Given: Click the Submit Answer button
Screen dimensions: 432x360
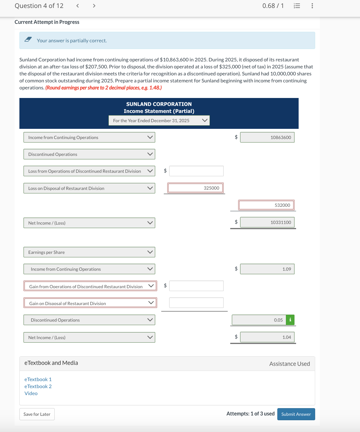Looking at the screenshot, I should coord(296,414).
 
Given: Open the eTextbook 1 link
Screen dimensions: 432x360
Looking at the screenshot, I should coord(38,379).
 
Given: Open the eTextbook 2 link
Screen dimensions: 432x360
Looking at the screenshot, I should coord(38,386).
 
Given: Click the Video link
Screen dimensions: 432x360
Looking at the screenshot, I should coord(31,393).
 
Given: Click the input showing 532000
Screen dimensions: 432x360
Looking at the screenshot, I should coord(267,205).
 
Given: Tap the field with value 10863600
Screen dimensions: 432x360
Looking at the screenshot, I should coord(267,137).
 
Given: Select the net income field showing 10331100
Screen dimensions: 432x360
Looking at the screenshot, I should coord(267,222).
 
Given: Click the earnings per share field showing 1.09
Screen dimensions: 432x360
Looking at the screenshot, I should coord(267,269).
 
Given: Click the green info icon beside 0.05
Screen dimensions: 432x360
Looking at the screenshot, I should coord(290,320).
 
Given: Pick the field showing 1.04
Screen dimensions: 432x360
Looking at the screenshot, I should coord(267,337).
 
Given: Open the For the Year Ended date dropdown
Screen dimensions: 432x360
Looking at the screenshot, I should coord(159,121).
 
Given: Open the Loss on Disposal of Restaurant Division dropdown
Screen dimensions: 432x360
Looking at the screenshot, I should coord(89,188).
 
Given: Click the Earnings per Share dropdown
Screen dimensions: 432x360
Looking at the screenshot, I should coord(89,252).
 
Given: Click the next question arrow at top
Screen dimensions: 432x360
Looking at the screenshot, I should coord(94,6).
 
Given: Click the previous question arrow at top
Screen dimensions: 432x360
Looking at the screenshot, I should coord(78,6).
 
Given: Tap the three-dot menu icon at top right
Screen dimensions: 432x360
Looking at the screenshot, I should coord(312,6).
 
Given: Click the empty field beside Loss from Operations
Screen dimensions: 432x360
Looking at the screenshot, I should coord(196,171).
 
